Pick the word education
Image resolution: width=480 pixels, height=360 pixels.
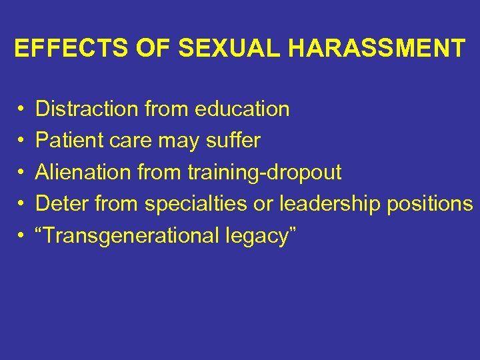pos(238,109)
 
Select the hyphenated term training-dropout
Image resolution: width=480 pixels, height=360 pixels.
pos(264,173)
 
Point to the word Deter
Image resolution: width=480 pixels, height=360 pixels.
pos(62,204)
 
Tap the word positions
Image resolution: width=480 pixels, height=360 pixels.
pos(431,204)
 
